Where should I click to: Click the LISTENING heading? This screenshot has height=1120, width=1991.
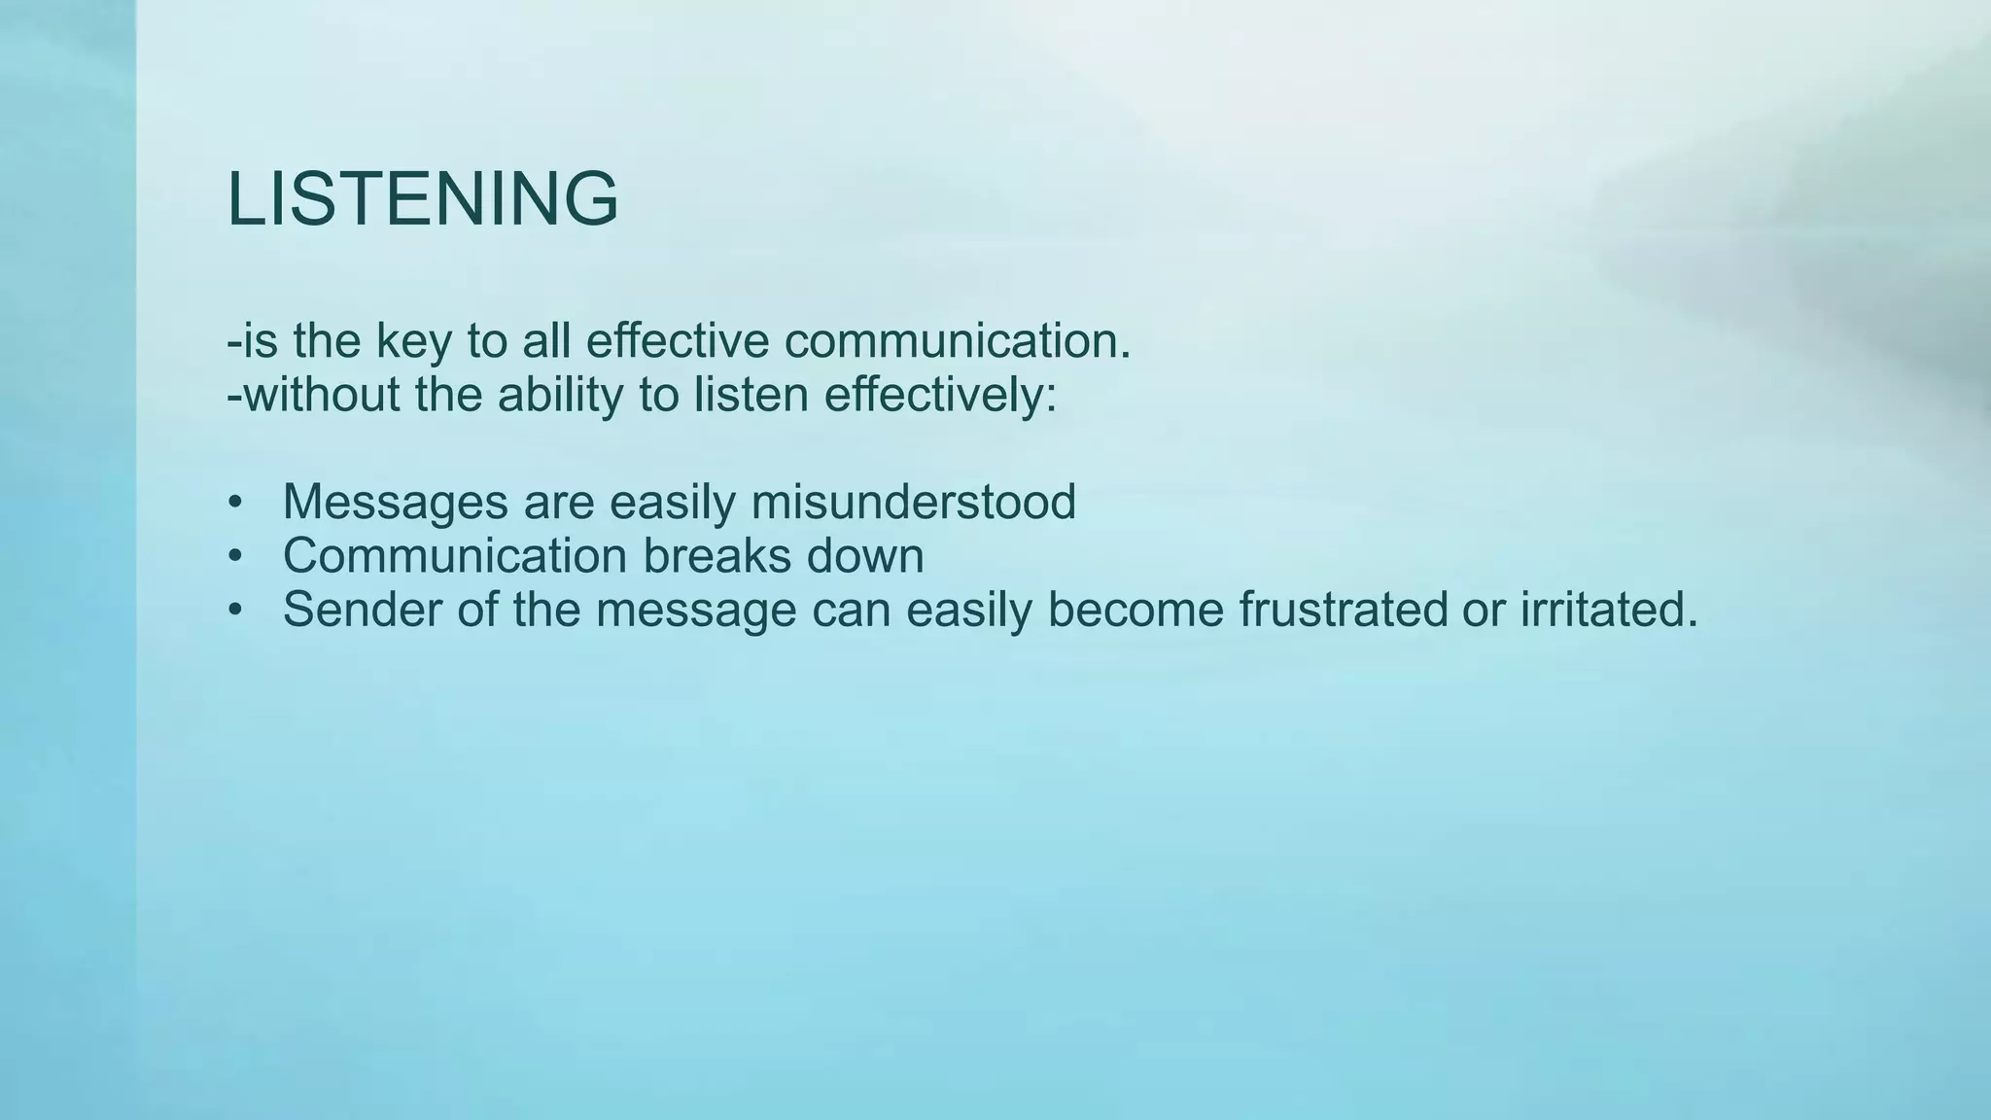click(422, 199)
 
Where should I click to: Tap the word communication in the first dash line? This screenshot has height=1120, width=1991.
click(957, 341)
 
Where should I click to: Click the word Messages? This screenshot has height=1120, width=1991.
click(395, 503)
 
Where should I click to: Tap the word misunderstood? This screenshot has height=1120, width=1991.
click(913, 503)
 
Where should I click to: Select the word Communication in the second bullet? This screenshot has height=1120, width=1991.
click(455, 556)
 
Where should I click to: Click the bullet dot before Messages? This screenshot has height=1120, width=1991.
click(233, 503)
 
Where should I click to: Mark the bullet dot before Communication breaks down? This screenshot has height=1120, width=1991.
click(233, 556)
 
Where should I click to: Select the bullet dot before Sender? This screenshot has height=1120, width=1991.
click(233, 610)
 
